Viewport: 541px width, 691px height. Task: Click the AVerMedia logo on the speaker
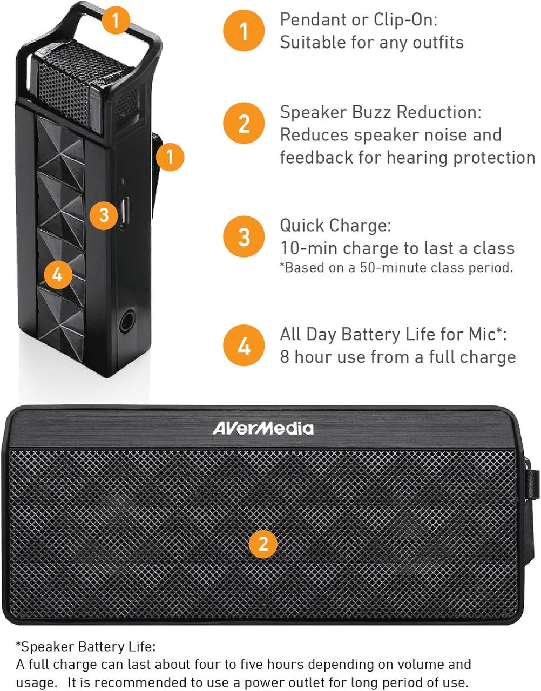pos(262,429)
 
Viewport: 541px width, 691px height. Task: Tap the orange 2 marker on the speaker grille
pos(263,543)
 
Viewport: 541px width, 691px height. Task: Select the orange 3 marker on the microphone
pos(104,215)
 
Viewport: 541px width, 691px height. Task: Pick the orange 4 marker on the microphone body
pos(57,275)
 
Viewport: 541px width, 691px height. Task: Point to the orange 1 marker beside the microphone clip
pos(170,157)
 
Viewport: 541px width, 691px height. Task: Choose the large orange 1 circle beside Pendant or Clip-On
pos(244,30)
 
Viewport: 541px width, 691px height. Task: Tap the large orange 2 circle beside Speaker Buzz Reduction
pos(244,123)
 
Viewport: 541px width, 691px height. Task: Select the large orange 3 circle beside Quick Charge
pos(244,237)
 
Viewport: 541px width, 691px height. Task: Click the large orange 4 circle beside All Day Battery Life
pos(244,345)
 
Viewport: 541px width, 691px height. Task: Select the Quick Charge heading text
pos(335,225)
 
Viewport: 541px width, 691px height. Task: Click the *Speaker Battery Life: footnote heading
pos(85,647)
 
